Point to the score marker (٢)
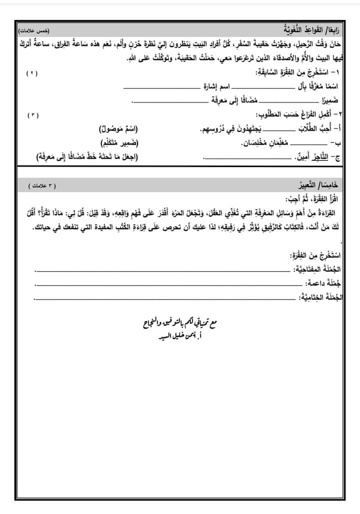pyautogui.click(x=32, y=73)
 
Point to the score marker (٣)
pyautogui.click(x=31, y=115)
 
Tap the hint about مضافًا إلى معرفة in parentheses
pyautogui.click(x=87, y=157)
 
